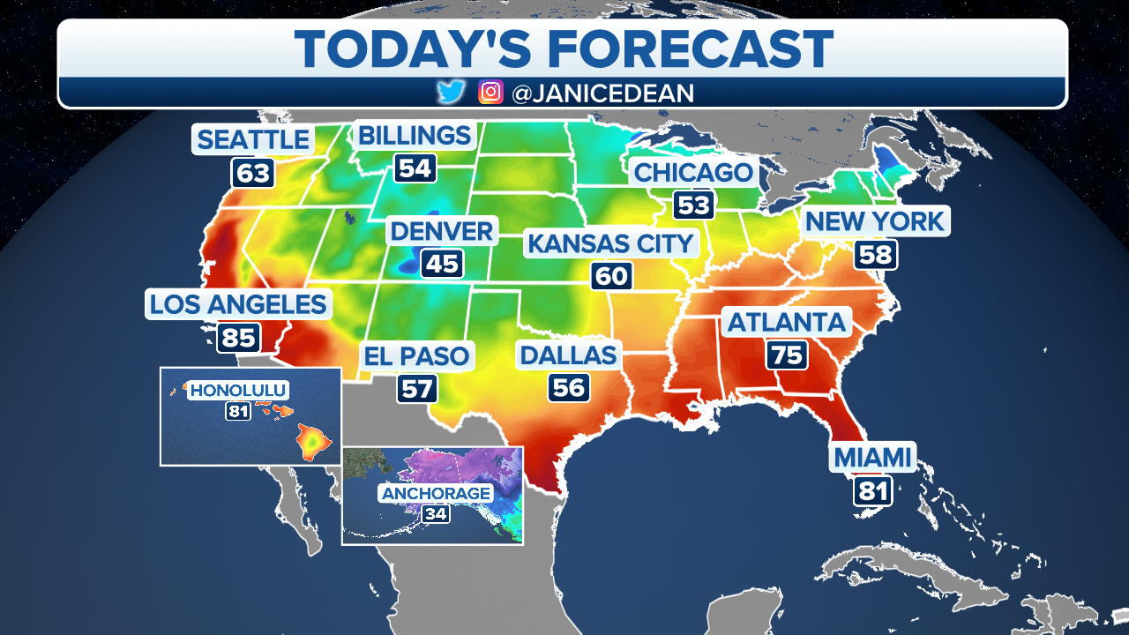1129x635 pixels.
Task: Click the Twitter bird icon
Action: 451,92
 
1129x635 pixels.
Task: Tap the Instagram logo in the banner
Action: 490,92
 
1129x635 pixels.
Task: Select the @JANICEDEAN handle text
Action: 602,93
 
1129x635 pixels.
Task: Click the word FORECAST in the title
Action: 678,48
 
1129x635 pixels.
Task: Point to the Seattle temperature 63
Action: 252,172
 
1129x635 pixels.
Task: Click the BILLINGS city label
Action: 414,136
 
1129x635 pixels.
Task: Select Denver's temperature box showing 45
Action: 442,264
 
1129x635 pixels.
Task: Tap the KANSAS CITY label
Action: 609,243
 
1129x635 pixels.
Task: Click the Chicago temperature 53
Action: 693,205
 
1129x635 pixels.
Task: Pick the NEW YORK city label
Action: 875,221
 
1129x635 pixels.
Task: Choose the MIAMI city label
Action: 871,458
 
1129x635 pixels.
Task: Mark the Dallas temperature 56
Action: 568,387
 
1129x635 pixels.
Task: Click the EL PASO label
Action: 418,357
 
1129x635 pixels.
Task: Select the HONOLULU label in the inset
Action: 239,390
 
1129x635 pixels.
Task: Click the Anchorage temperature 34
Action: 435,513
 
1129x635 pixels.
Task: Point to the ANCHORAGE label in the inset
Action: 436,493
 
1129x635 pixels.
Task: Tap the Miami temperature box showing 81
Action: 872,490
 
